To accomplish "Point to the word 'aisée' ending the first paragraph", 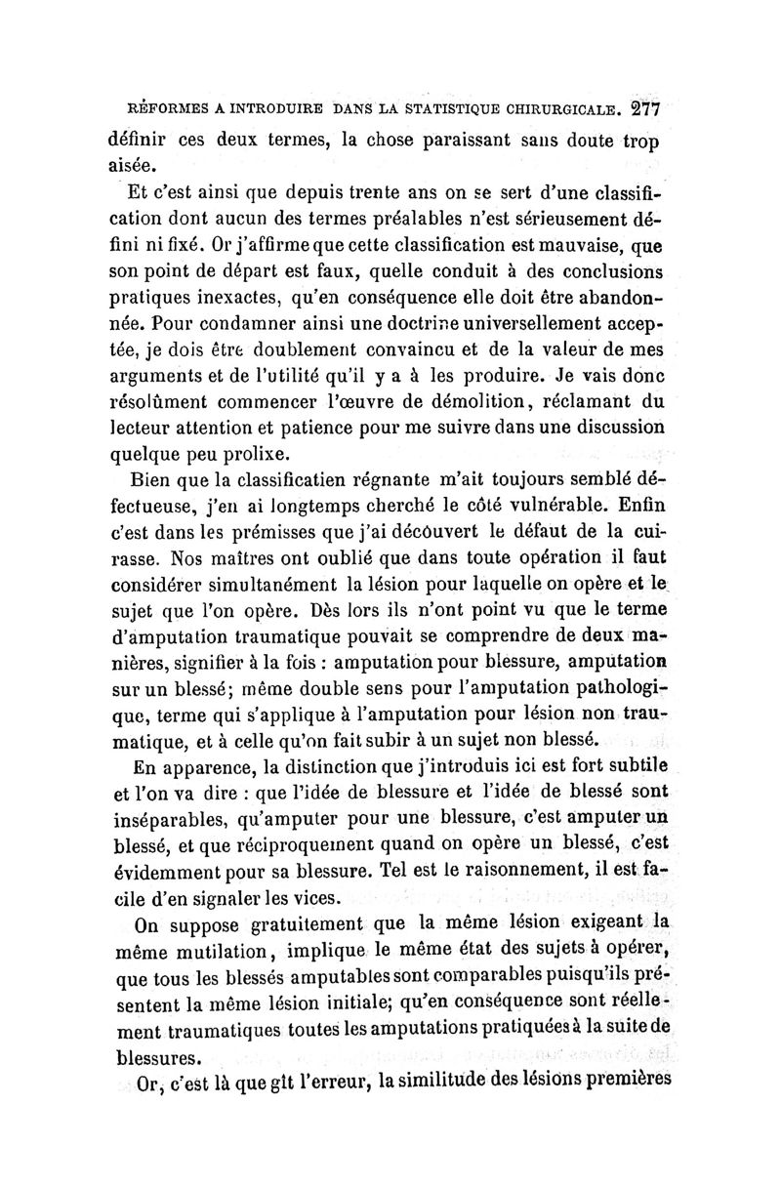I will (135, 165).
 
